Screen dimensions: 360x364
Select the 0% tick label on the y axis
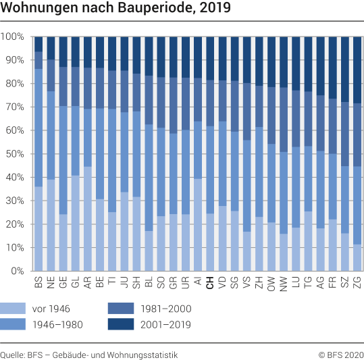16,272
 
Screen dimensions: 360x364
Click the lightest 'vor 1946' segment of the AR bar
88,219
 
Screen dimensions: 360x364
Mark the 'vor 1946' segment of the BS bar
38,229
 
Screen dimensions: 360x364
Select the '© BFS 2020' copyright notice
341,354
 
